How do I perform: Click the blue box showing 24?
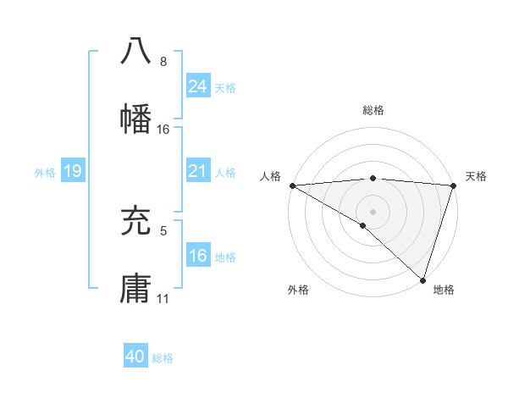pyautogui.click(x=198, y=86)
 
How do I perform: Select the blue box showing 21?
pyautogui.click(x=198, y=172)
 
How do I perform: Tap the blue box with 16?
pyautogui.click(x=198, y=257)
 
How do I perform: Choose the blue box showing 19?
pyautogui.click(x=73, y=172)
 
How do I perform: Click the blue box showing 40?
pyautogui.click(x=135, y=357)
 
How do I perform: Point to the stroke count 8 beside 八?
pyautogui.click(x=163, y=62)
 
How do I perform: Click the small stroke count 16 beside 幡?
pyautogui.click(x=163, y=130)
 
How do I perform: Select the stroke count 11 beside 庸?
pyautogui.click(x=163, y=299)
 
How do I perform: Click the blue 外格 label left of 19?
pyautogui.click(x=45, y=173)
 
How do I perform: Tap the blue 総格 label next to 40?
pyautogui.click(x=163, y=358)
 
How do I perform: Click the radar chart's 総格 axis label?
pyautogui.click(x=373, y=110)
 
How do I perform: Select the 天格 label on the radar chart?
pyautogui.click(x=476, y=176)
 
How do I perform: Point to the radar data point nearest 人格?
pyautogui.click(x=292, y=185)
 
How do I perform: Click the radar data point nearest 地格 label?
pyautogui.click(x=422, y=279)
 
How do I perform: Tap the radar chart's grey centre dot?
pyautogui.click(x=373, y=212)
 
